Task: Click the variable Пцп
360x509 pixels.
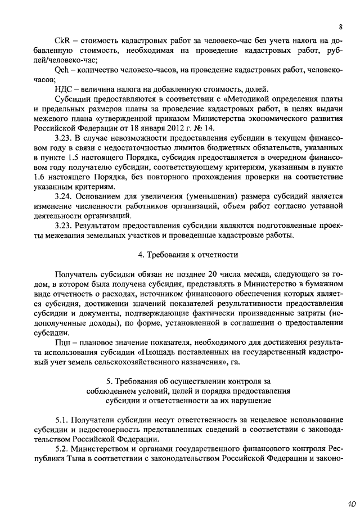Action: pos(63,340)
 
